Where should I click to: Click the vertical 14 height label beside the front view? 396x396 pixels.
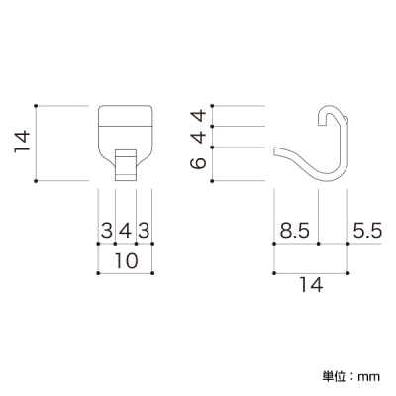tap(22, 142)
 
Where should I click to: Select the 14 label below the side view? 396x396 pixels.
tap(311, 285)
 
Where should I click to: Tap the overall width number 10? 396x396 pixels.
tap(126, 261)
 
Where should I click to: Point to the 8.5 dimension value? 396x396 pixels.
tap(295, 231)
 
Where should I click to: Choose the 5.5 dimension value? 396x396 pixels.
tap(367, 231)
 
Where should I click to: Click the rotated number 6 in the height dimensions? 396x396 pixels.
tap(199, 163)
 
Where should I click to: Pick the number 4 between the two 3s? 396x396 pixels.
tap(126, 231)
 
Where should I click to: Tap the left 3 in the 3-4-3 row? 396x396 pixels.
tap(107, 231)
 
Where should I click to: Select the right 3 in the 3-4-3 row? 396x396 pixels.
tap(144, 231)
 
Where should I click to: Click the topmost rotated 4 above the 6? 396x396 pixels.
tap(199, 116)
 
